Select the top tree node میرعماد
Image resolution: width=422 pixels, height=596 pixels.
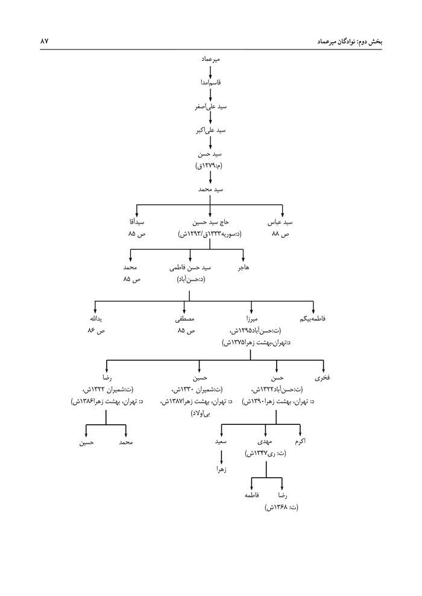pos(210,61)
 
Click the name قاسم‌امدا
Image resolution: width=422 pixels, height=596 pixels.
pos(210,83)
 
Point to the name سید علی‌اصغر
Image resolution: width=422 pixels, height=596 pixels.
pos(210,106)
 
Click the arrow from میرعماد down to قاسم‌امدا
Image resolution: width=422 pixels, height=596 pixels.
pos(210,72)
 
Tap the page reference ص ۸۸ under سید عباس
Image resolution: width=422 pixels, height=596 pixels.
pos(282,233)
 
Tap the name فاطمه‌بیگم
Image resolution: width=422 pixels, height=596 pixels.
pos(313,318)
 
